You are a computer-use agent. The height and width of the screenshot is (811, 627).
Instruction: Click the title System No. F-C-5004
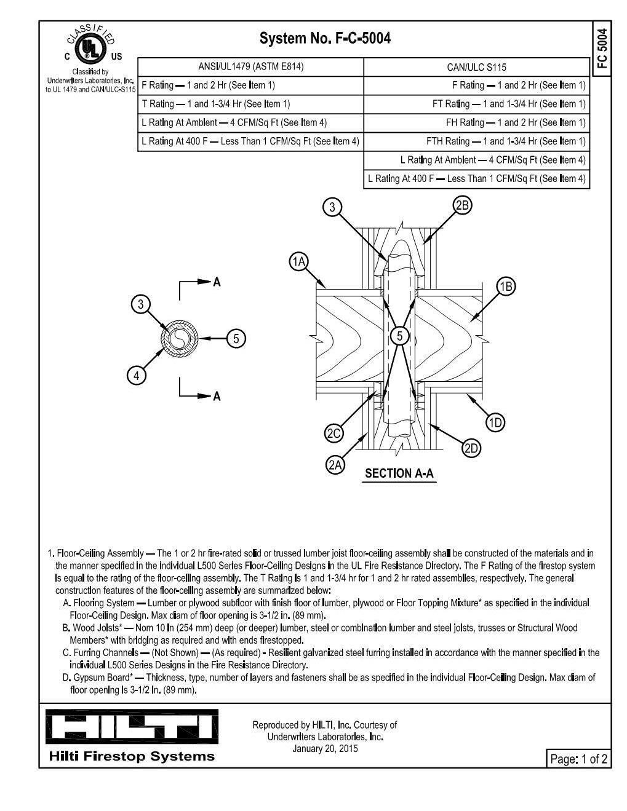[325, 39]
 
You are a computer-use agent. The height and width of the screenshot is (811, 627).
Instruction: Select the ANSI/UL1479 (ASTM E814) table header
[250, 67]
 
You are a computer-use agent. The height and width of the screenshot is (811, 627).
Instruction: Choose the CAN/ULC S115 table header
[476, 67]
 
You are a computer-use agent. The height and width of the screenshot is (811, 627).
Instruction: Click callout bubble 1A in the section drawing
[298, 262]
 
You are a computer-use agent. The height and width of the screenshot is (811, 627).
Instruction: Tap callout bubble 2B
[462, 205]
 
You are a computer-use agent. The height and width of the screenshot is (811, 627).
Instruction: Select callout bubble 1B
[506, 287]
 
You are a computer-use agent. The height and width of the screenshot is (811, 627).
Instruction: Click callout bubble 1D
[495, 422]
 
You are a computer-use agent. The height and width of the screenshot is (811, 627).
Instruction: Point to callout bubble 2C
[333, 433]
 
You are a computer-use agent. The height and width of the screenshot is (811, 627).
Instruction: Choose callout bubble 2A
[335, 465]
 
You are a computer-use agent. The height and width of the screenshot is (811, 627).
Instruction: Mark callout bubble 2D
[471, 448]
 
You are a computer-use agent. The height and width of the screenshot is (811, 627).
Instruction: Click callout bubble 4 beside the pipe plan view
[137, 375]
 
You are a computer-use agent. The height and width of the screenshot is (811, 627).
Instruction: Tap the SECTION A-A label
[399, 473]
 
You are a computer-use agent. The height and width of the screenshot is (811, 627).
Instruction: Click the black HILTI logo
[132, 726]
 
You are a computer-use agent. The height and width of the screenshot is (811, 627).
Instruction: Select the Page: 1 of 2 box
[578, 759]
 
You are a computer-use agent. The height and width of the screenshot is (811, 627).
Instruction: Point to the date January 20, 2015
[325, 748]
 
